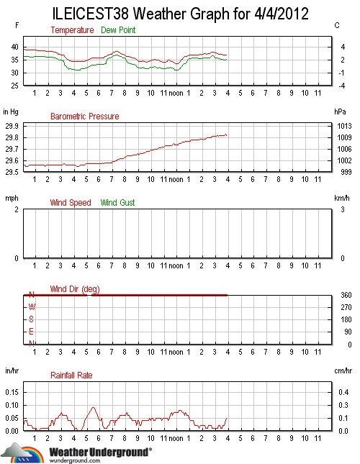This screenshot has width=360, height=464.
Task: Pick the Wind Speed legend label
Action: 71,203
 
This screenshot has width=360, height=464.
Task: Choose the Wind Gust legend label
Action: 117,203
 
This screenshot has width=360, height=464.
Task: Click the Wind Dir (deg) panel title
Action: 75,289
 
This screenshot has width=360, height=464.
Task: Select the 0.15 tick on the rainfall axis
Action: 12,393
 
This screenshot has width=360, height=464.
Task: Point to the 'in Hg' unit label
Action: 11,112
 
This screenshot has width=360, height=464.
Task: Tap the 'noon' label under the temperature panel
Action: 176,93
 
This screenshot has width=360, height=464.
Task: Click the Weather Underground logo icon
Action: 22,453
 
